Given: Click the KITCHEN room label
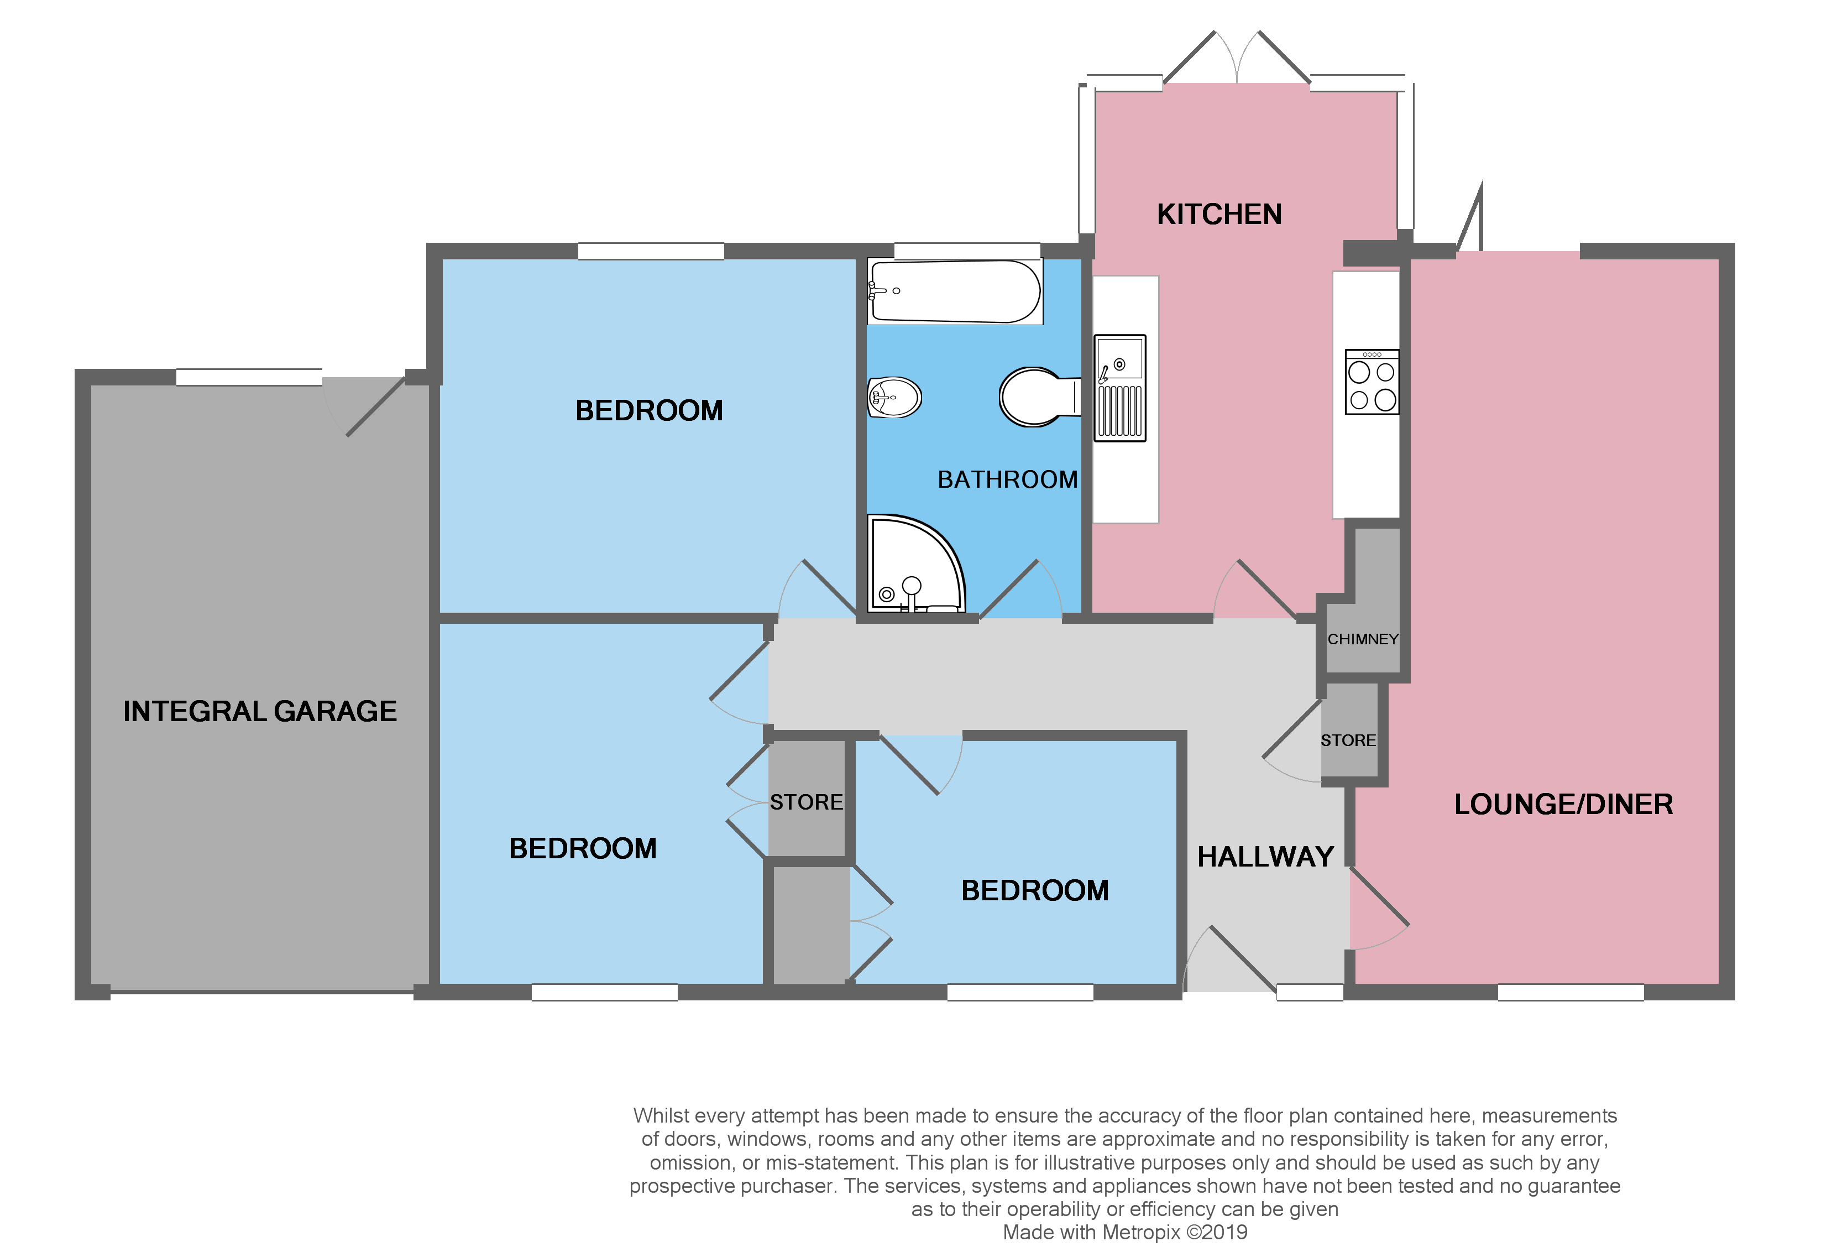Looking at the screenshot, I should click(1219, 215).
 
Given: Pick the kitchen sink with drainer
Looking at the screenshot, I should click(1119, 388).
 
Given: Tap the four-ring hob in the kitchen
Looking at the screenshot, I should click(1372, 382).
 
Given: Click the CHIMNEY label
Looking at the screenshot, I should click(1362, 639).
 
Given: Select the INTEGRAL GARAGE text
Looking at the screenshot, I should click(259, 711).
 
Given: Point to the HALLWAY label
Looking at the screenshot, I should click(1265, 857).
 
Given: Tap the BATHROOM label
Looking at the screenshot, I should click(1007, 479).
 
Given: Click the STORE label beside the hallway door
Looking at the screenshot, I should click(1348, 740).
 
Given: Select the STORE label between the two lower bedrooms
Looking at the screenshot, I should click(805, 802).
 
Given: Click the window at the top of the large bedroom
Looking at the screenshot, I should click(650, 251).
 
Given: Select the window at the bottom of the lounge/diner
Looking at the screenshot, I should click(1571, 993).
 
